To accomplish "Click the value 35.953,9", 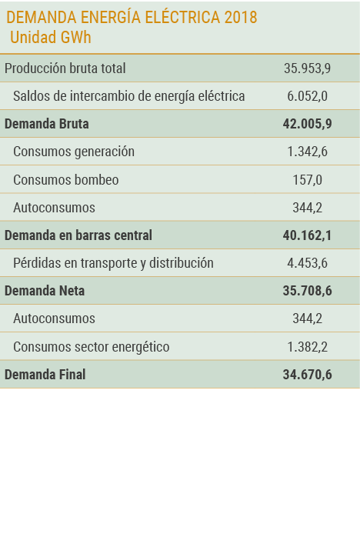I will point(307,68).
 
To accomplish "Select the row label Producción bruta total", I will point(65,68).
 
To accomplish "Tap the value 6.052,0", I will point(307,96).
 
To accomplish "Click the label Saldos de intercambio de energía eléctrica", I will point(129,96).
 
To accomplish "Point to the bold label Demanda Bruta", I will point(47,124).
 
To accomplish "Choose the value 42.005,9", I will point(307,124).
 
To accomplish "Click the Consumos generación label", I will point(74,152).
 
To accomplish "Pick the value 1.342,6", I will point(307,152).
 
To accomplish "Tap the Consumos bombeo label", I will point(66,180).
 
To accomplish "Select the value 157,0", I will point(307,180).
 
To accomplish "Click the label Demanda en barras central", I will point(78,235).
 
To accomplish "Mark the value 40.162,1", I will point(307,235).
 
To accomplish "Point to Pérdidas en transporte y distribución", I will point(113,263).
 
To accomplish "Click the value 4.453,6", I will point(307,263).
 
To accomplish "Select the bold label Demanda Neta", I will point(45,291).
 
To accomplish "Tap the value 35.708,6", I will point(307,291).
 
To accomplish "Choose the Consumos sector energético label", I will point(92,347).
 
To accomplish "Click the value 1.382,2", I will point(307,347).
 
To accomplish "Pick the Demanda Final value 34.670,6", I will point(307,375).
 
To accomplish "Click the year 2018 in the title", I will point(241,18).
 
